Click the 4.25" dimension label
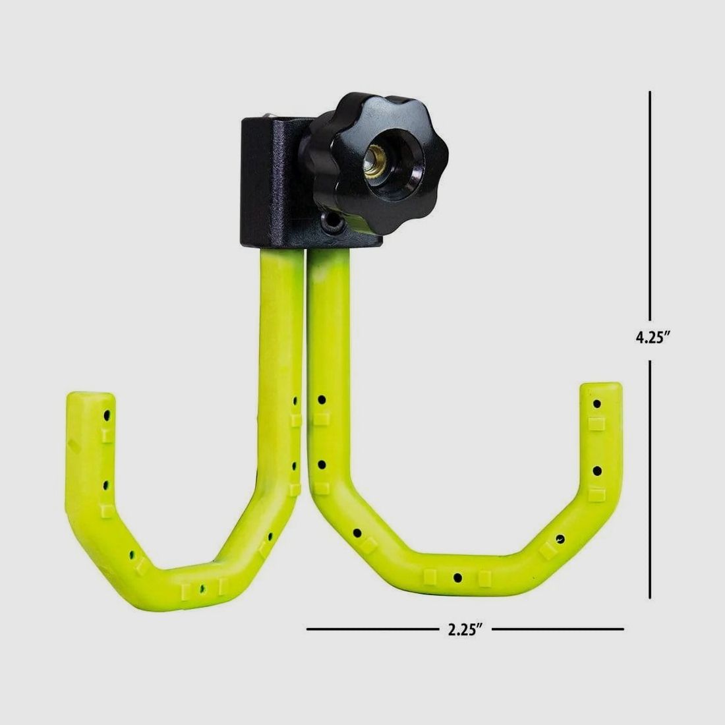coord(652,337)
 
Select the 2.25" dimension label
coord(466,629)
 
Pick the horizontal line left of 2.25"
coord(373,629)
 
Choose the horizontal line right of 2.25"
coord(557,629)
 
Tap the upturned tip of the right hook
coord(600,395)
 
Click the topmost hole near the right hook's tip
coord(597,402)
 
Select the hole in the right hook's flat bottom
coord(457,578)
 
